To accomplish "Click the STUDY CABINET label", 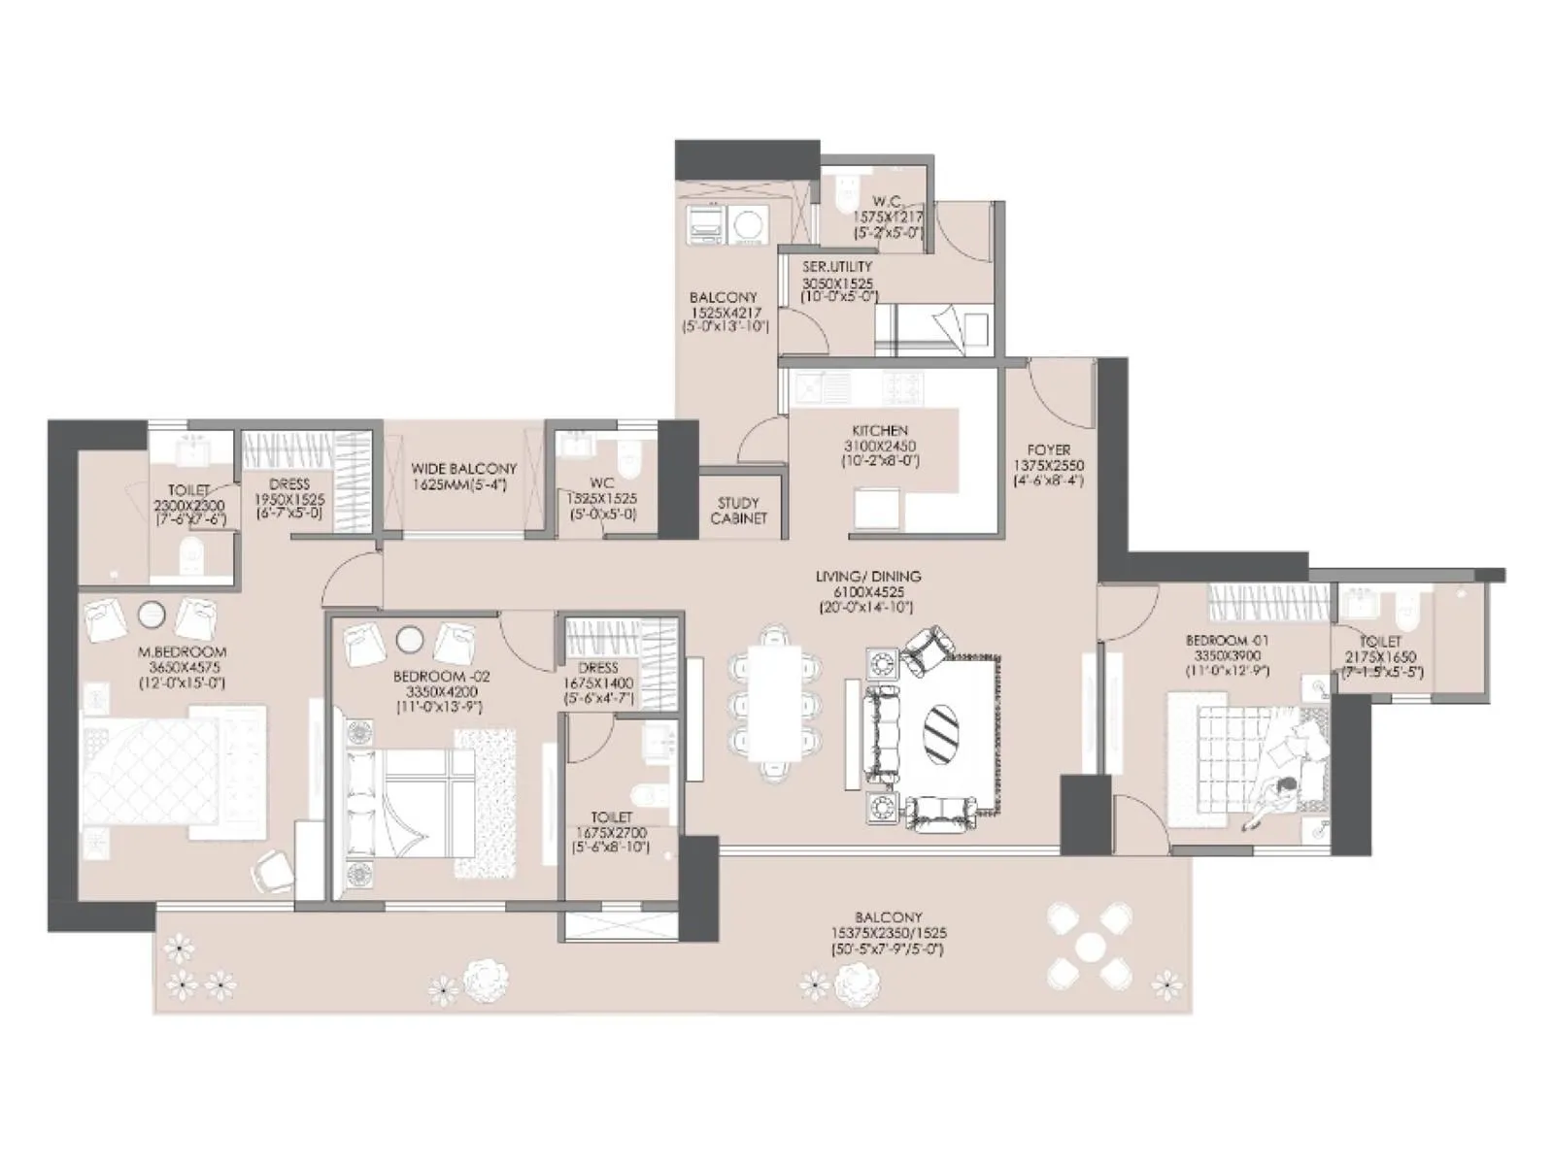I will tap(738, 511).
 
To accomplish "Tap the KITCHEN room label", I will tap(880, 430).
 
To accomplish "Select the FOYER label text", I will tap(1048, 450).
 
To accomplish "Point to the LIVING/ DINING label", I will tap(868, 576).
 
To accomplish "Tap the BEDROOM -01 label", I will tap(1228, 641).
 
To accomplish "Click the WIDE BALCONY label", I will tap(464, 468).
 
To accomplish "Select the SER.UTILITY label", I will tap(837, 266).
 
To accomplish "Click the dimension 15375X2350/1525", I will tap(889, 932).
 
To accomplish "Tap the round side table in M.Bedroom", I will tap(151, 615).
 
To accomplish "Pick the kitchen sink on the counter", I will tap(811, 389).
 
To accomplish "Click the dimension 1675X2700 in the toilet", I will tap(610, 833).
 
